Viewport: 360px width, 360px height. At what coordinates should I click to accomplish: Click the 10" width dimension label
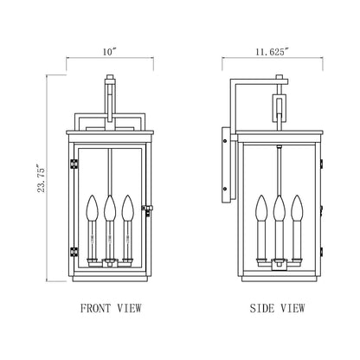(108, 53)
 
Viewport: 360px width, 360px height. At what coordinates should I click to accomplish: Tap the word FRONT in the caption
(94, 307)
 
